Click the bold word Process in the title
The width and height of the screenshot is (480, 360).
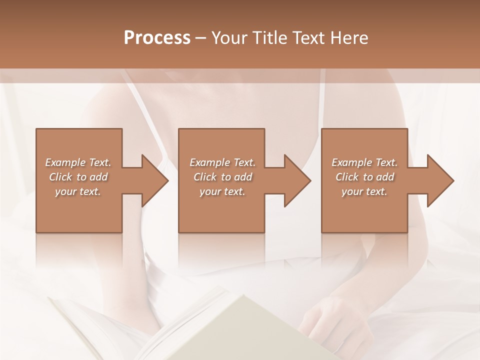[x=157, y=37]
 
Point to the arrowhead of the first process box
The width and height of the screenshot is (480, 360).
[x=154, y=180]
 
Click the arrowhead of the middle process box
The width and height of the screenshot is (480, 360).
[x=297, y=180]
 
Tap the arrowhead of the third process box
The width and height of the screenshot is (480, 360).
[x=440, y=180]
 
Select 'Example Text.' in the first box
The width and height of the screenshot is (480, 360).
[x=78, y=162]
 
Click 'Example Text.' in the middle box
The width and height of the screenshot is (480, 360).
[x=222, y=162]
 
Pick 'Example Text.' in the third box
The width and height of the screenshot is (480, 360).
[x=364, y=162]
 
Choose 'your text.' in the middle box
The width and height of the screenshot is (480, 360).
[x=222, y=191]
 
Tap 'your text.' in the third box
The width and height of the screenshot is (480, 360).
[x=364, y=191]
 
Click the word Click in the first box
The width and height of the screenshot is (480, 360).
[x=60, y=177]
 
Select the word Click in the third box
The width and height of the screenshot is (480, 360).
[x=347, y=177]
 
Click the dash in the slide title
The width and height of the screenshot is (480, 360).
[x=200, y=38]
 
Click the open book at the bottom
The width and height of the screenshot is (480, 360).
[x=200, y=330]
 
